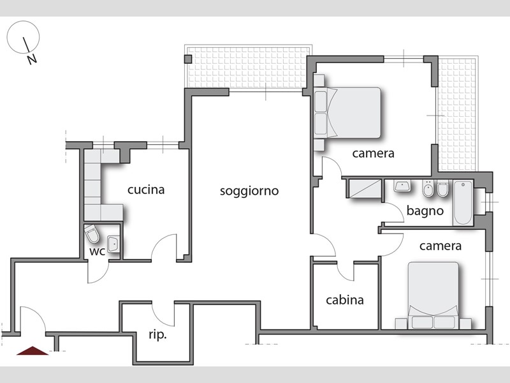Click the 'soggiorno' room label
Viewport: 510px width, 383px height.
click(249, 191)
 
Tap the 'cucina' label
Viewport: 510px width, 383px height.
click(146, 190)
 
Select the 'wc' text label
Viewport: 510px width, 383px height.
click(98, 252)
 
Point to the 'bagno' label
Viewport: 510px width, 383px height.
click(425, 211)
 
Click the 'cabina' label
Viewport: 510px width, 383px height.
click(345, 300)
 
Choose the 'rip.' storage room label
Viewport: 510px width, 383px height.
click(157, 334)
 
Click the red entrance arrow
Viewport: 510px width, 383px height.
click(33, 350)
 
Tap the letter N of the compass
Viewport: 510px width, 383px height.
click(32, 59)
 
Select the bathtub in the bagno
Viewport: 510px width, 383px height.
click(463, 202)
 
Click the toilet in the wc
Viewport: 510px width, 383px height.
click(92, 234)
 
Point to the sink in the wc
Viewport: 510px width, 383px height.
click(114, 244)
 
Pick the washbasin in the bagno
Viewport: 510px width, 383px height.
click(402, 186)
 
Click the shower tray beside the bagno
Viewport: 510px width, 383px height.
click(363, 188)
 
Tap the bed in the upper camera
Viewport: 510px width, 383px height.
click(347, 113)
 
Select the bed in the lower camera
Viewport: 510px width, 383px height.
click(433, 296)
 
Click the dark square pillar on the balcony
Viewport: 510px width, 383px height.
click(188, 59)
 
